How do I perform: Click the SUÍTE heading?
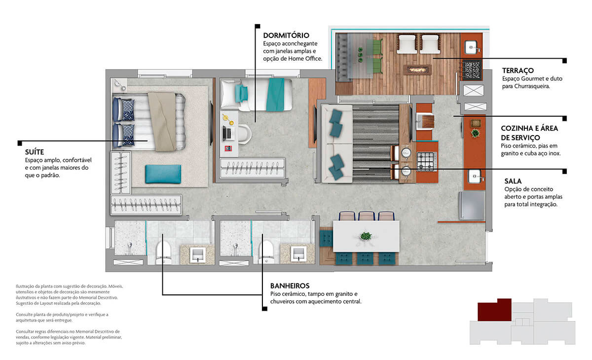[x=35, y=152]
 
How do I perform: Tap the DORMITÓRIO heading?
[x=286, y=36]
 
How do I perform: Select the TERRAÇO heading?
[x=518, y=71]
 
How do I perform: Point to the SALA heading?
[x=513, y=181]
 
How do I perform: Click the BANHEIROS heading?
[x=290, y=286]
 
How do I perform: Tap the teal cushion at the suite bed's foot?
[x=163, y=174]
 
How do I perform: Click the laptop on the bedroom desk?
[x=227, y=133]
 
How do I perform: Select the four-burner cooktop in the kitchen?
[x=427, y=161]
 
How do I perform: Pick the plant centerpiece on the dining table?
[x=366, y=236]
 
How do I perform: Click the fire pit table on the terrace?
[x=417, y=70]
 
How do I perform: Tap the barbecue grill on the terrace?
[x=472, y=70]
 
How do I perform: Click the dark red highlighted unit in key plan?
[x=494, y=310]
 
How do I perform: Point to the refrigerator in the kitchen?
[x=472, y=206]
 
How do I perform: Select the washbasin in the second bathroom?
[x=298, y=254]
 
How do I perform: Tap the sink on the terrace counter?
[x=472, y=47]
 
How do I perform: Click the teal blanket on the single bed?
[x=275, y=95]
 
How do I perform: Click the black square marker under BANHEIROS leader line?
[x=264, y=309]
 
